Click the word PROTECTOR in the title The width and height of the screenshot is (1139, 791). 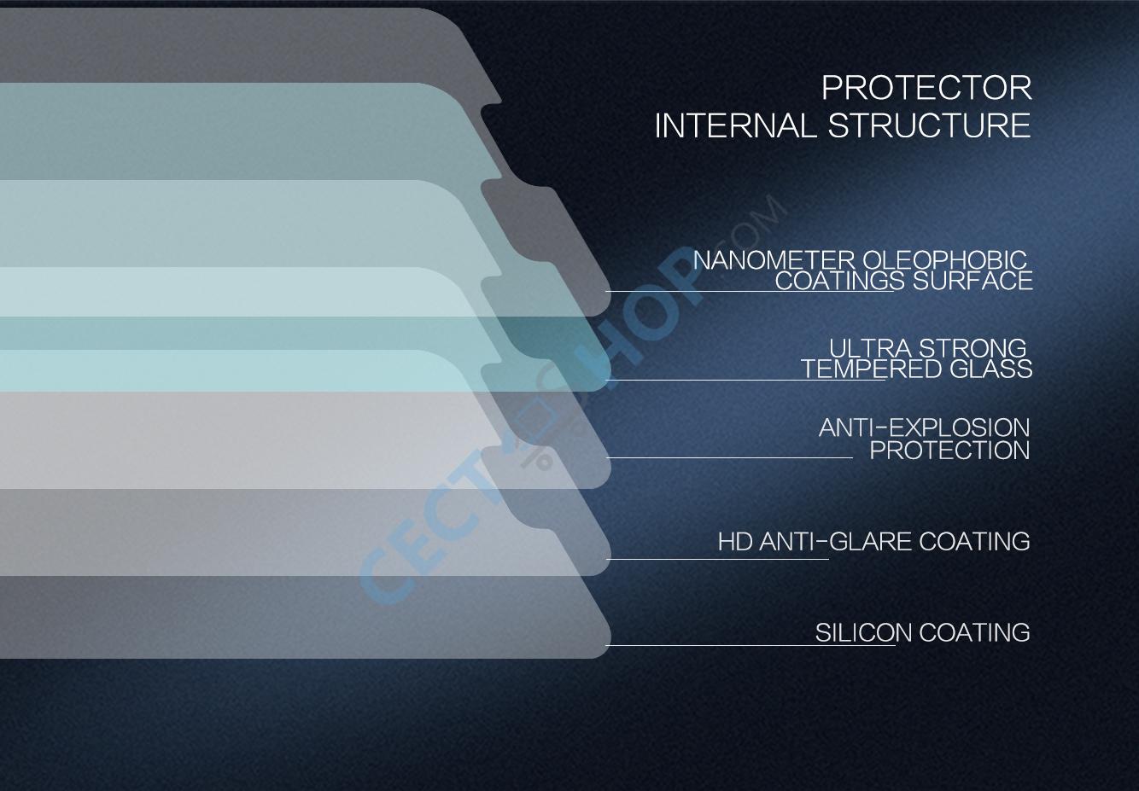(x=926, y=88)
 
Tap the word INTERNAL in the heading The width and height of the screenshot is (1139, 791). (x=735, y=126)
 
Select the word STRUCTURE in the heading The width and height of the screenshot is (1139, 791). (x=930, y=126)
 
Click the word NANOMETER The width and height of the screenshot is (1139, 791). (x=774, y=260)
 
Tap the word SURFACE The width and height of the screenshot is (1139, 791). (x=973, y=281)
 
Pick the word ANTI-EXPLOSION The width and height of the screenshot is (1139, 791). (x=924, y=427)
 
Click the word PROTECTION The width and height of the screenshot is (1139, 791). (x=949, y=451)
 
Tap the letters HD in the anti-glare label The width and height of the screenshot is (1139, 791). (x=735, y=542)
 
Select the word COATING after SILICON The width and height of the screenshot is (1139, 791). (x=974, y=633)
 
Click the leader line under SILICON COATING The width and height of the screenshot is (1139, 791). (x=750, y=646)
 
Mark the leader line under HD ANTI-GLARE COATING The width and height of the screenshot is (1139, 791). (x=717, y=560)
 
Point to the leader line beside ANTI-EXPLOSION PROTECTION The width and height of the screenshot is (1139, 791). (x=729, y=457)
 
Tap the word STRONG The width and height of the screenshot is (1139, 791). (x=972, y=348)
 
